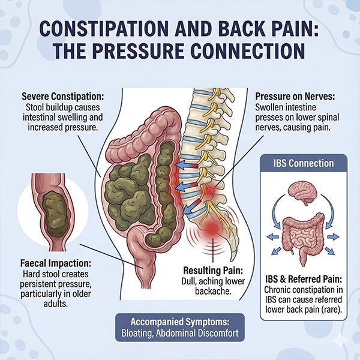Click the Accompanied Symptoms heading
(181, 319)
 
